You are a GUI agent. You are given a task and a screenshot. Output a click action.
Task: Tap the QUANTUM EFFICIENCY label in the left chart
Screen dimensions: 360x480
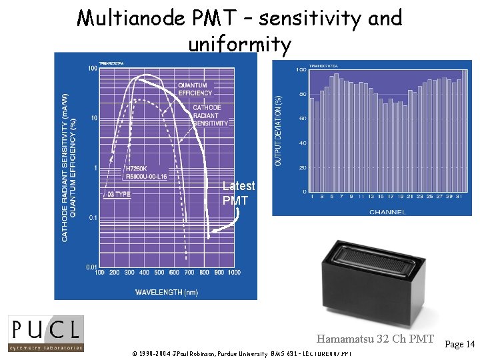coord(192,89)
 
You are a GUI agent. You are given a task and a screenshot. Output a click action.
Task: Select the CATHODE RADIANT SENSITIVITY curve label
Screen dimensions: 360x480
coord(210,115)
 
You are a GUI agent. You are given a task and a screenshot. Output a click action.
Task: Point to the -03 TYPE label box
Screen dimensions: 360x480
coord(117,194)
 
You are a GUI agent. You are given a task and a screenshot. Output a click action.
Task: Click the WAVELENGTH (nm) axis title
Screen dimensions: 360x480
coord(166,292)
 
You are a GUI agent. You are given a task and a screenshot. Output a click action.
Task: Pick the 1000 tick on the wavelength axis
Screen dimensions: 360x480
coord(233,272)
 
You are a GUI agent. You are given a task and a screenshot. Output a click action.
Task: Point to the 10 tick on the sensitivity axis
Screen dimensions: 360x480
coord(94,118)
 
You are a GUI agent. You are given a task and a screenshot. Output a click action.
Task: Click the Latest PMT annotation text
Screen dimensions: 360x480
coord(238,193)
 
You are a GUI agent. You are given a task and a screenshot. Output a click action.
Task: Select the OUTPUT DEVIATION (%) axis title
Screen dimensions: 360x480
coord(278,130)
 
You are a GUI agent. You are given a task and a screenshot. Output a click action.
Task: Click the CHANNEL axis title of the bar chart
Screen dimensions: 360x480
coord(387,212)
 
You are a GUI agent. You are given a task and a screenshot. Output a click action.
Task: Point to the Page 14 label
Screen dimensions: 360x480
coord(459,344)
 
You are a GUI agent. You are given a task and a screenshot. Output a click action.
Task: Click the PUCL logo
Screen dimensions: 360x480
coord(45,333)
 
